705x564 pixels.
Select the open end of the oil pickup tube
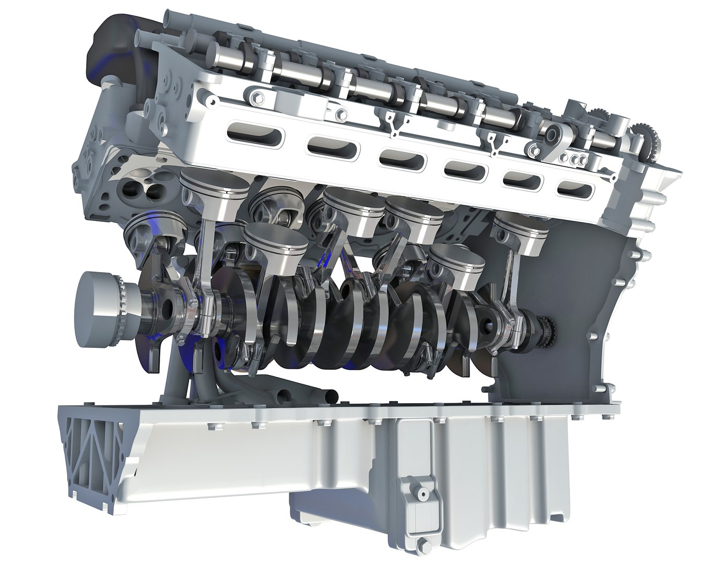click(x=333, y=397)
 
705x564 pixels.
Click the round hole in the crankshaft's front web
click(x=168, y=309)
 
